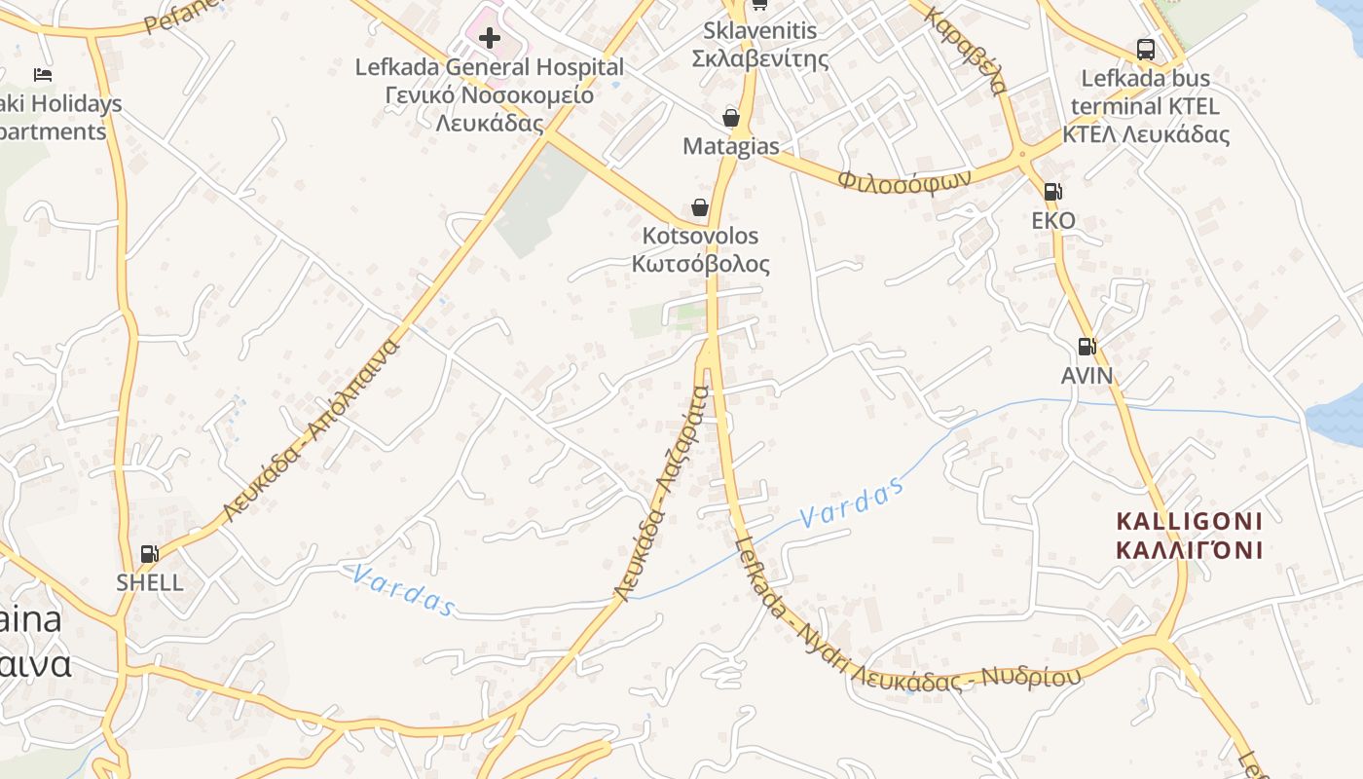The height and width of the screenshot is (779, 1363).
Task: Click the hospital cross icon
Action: tap(490, 39)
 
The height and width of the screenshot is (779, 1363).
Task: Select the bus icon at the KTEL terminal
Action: tap(1146, 49)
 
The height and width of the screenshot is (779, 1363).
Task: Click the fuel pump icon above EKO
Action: tap(1052, 192)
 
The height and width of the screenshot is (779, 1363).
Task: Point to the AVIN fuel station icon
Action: tap(1087, 346)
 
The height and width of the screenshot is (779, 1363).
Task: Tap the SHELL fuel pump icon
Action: tap(149, 554)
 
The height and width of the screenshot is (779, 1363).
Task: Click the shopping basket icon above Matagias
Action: tap(731, 118)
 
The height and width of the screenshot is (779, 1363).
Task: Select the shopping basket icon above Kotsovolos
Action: tap(699, 206)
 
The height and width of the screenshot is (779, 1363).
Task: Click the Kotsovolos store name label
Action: tap(701, 250)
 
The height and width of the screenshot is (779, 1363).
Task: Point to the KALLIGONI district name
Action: tap(1190, 536)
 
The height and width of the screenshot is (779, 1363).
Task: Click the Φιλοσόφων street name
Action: tap(905, 179)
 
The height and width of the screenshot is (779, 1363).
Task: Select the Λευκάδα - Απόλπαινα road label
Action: tap(312, 429)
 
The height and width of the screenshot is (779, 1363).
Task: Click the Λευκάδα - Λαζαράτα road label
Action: tap(662, 493)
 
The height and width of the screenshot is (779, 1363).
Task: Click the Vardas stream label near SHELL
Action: tap(403, 590)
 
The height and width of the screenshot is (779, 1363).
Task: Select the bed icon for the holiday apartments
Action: tap(42, 74)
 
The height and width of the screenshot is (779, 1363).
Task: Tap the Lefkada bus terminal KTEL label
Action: tap(1146, 106)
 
